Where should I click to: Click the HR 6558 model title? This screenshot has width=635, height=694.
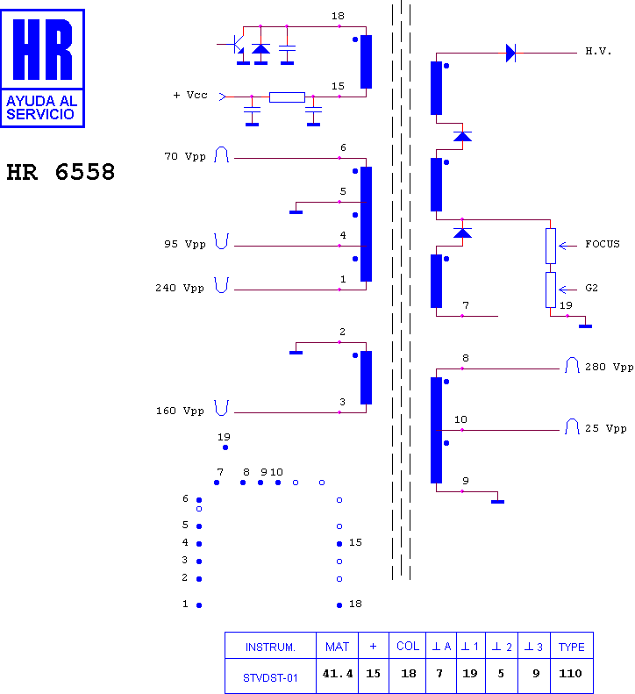point(61,172)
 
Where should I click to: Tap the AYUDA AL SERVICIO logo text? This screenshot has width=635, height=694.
point(41,108)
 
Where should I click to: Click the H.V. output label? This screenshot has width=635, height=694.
point(598,52)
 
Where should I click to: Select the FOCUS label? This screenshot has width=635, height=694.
point(603,244)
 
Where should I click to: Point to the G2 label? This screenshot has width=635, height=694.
point(592,288)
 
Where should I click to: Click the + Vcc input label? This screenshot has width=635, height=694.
point(190,95)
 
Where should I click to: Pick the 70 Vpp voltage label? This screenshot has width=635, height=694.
point(185,156)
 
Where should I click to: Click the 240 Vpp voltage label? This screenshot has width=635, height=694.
point(180,288)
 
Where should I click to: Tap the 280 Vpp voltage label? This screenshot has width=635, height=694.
point(610,367)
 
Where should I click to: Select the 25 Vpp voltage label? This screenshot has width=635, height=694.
point(606,428)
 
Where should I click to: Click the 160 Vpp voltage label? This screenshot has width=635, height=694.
point(180,411)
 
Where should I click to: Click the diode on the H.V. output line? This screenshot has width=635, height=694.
point(511,54)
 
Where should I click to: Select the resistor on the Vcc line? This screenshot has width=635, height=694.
point(287,97)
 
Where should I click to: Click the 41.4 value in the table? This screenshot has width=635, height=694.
point(338,674)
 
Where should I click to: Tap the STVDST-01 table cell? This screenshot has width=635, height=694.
point(270,677)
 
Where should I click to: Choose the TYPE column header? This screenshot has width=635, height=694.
point(571,647)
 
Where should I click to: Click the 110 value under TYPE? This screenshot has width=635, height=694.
point(570,674)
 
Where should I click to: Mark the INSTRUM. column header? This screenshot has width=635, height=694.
point(270,647)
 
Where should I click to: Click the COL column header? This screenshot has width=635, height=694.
point(408,647)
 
